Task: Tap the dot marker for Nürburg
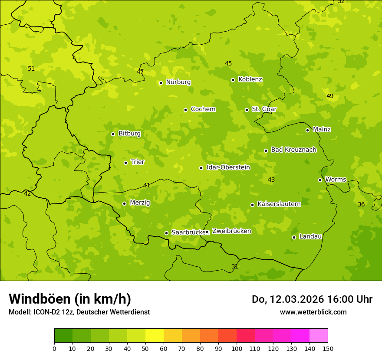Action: [x=161, y=83]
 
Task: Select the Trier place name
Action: [x=138, y=162]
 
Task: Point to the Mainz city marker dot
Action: [x=307, y=130]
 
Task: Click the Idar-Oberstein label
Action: [x=228, y=167]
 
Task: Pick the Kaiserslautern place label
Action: [x=279, y=204]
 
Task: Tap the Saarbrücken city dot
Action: [x=166, y=233]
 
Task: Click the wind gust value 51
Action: [x=31, y=69]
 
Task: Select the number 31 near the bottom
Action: [x=235, y=266]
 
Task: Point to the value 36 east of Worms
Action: [x=361, y=204]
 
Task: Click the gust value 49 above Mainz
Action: [x=330, y=96]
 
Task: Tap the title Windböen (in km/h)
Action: [x=70, y=299]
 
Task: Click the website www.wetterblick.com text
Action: [x=313, y=312]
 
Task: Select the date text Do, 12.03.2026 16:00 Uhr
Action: [x=312, y=299]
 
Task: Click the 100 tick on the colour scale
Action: [x=237, y=348]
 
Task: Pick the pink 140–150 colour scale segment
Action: [x=319, y=336]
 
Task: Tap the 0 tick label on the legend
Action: [x=54, y=348]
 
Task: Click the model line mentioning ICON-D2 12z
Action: [x=79, y=312]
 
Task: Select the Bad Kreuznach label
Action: [x=293, y=150]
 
